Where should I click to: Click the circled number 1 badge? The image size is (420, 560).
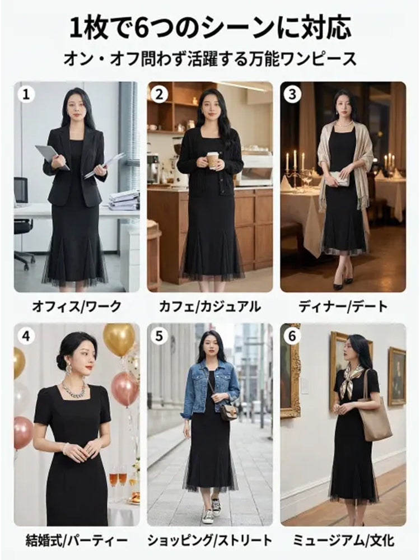coord(26,94)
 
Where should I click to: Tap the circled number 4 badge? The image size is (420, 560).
coord(26,336)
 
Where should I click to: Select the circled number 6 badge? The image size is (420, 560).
coord(292,336)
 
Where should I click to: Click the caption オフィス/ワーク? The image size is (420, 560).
coord(77,307)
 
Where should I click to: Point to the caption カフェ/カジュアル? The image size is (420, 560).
coord(210,307)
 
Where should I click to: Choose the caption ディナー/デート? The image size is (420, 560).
coord(343,307)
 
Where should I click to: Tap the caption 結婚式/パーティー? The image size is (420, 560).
coord(77,540)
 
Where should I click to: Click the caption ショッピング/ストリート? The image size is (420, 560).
coord(210,540)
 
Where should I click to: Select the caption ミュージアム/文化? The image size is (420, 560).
coord(343,540)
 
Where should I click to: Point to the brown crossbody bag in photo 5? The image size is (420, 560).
coord(228,412)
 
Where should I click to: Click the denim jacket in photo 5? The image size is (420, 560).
coord(211,389)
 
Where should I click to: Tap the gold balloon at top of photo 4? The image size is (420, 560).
coord(119,339)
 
